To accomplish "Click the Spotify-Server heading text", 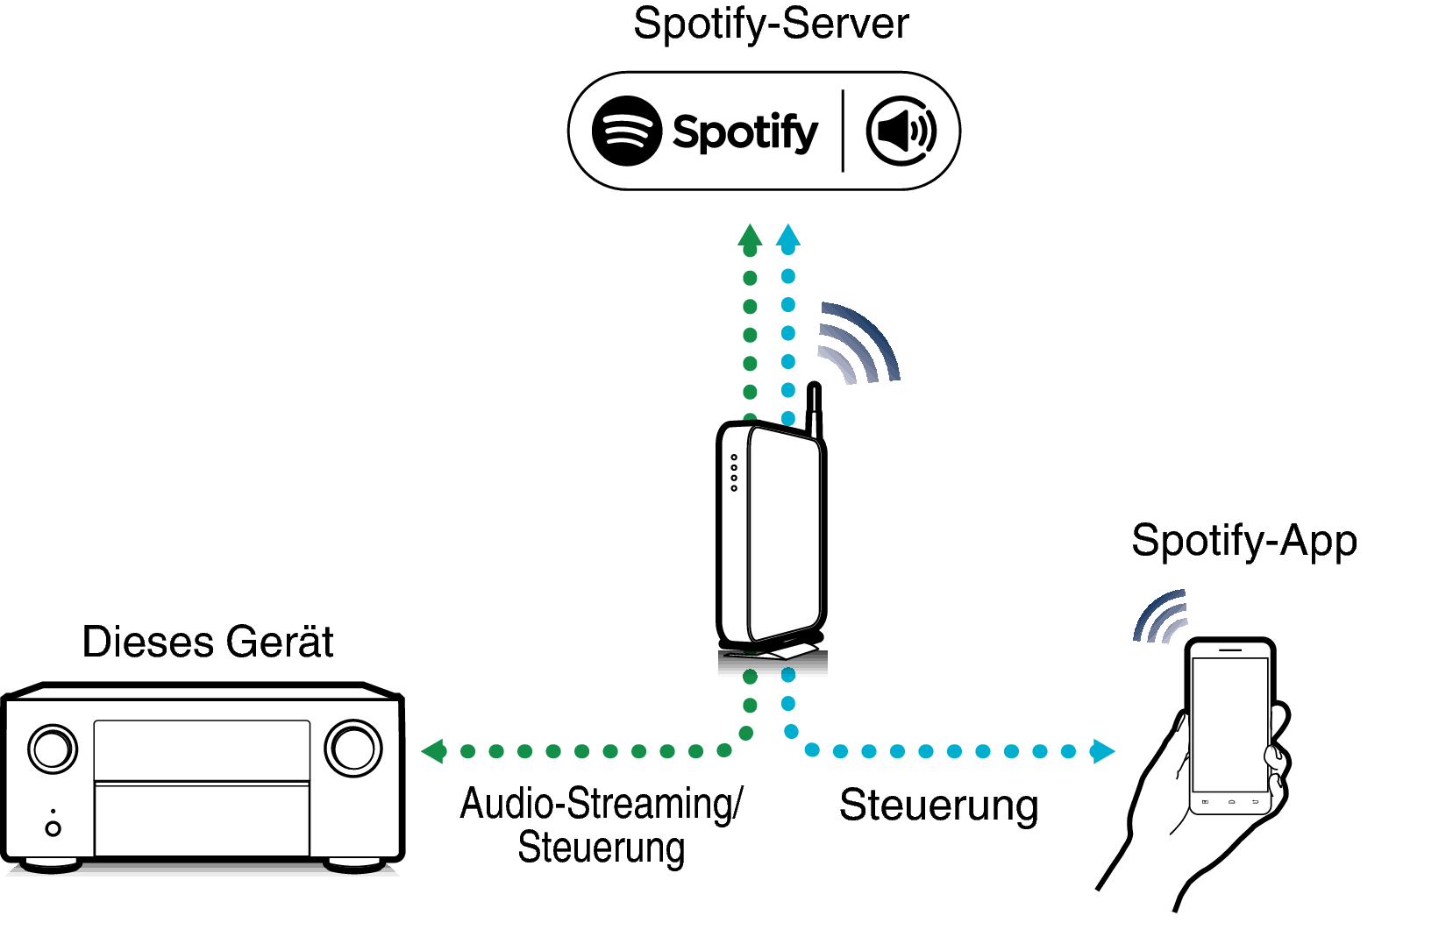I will click(x=770, y=24).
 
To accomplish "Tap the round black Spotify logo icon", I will click(x=626, y=131).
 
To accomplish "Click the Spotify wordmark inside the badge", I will click(x=744, y=133).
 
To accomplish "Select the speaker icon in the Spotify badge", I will click(x=901, y=131).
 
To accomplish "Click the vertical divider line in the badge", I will click(x=843, y=131).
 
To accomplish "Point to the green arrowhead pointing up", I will click(x=750, y=235).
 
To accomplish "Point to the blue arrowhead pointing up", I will click(x=788, y=235).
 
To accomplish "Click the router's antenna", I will click(x=815, y=408).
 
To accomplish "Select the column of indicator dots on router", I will click(x=734, y=472).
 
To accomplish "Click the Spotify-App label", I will click(x=1243, y=541).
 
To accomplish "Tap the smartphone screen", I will click(x=1229, y=724).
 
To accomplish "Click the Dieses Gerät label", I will click(x=208, y=642).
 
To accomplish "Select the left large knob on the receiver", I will click(x=53, y=749).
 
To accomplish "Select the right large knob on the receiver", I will click(x=353, y=748).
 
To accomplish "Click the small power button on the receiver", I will click(x=53, y=828).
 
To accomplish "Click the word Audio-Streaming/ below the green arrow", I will click(x=602, y=804).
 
